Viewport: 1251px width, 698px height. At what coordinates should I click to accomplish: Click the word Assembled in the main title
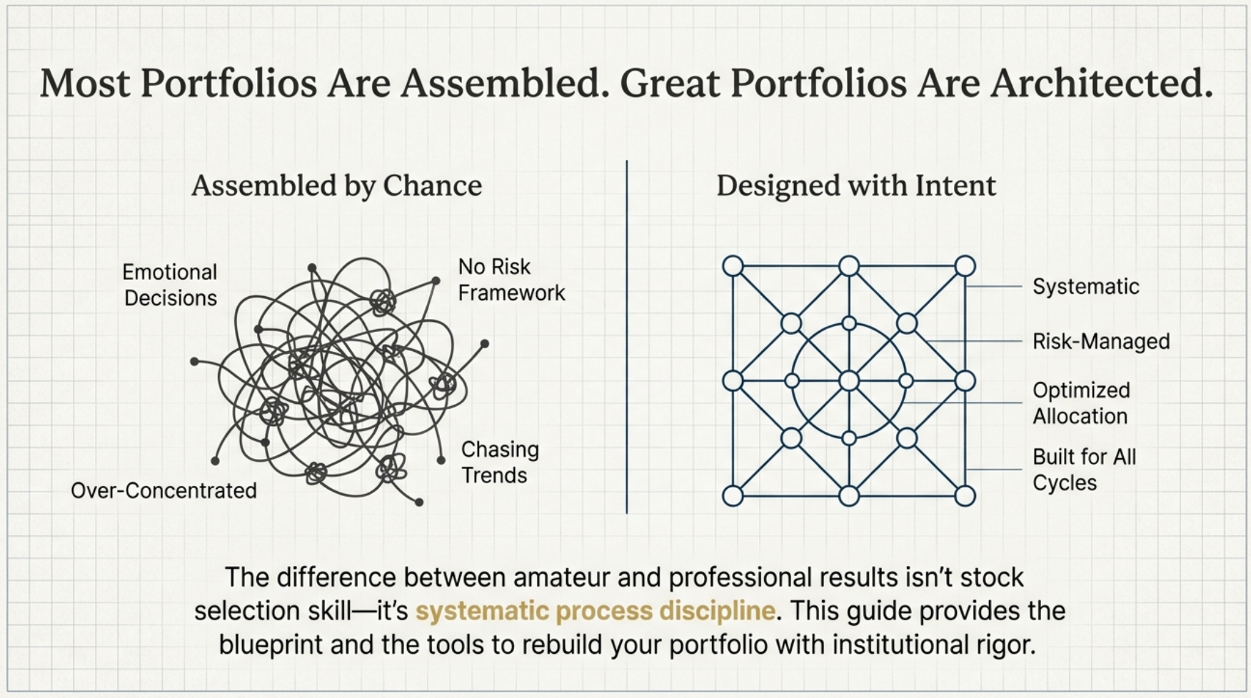pos(500,84)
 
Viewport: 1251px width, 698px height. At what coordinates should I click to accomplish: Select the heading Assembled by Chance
pos(336,186)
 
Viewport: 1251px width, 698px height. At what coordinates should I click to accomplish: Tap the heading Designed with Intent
pos(855,186)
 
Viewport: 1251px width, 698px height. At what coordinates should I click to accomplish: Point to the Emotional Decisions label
pos(170,285)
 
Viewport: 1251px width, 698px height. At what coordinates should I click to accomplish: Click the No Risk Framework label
pos(511,280)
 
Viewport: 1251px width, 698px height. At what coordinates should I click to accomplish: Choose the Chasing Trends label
pos(499,462)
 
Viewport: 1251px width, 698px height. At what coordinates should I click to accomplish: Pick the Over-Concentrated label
pos(164,490)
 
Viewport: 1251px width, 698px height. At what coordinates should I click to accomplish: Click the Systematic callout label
pos(1085,287)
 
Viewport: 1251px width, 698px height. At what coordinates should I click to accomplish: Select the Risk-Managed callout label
pos(1100,342)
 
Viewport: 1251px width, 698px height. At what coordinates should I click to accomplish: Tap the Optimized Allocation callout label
pos(1081,403)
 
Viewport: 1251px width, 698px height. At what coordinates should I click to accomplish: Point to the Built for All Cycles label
pos(1083,470)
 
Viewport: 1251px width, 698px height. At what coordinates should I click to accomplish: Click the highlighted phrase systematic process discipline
pos(595,611)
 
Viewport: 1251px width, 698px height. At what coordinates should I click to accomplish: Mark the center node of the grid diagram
pos(848,380)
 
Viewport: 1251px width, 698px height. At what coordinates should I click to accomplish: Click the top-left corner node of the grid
pos(733,266)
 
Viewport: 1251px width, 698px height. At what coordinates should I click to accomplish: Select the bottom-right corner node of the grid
pos(965,495)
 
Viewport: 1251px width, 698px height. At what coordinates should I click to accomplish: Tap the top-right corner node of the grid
pos(965,266)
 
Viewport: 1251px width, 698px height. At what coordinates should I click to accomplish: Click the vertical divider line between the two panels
pos(626,335)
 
